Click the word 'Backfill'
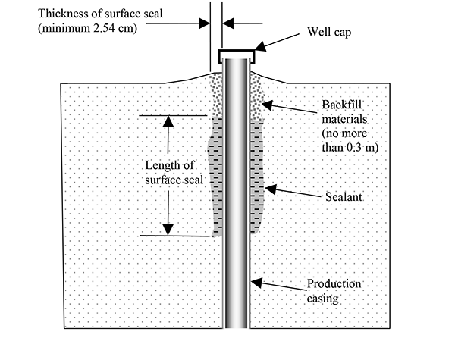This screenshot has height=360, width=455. [344, 105]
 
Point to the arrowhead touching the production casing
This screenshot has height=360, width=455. [256, 282]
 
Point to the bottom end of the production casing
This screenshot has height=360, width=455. [237, 324]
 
